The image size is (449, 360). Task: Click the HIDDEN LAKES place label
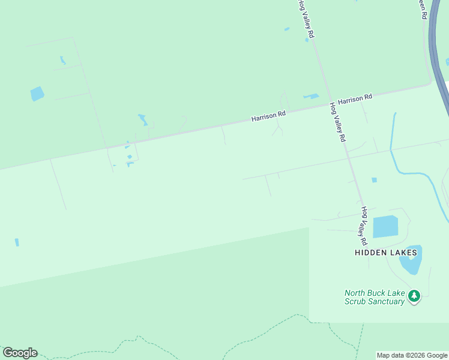(385, 253)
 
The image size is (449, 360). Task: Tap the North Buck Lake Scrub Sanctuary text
(375, 297)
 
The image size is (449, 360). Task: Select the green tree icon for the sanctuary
(414, 296)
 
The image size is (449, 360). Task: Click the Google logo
(20, 353)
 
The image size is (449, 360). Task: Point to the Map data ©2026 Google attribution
(412, 355)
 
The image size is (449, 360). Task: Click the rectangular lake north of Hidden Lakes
(385, 227)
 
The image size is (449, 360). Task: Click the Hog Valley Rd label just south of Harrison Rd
(338, 122)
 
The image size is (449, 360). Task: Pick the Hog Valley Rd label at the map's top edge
(306, 19)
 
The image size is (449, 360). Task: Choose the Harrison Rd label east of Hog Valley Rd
(354, 99)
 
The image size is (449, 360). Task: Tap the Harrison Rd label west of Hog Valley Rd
(268, 115)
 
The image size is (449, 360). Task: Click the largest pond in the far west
(37, 94)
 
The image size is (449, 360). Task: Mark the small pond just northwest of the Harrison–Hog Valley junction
(311, 96)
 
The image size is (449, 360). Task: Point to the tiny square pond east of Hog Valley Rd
(374, 180)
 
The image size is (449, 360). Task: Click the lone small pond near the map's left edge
(17, 242)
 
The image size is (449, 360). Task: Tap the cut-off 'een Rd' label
(422, 9)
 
